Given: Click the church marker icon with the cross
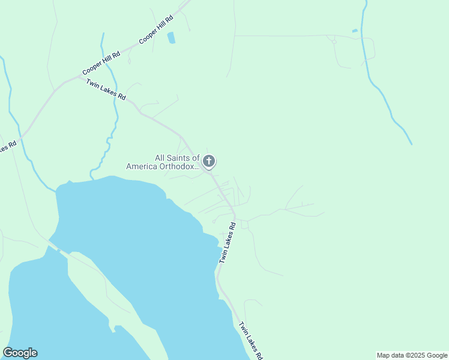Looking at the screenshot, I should [209, 161].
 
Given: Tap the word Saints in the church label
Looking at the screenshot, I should [179, 158].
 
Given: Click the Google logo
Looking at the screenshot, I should [20, 353].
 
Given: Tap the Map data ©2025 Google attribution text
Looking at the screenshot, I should [412, 355].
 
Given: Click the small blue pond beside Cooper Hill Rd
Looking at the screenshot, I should [171, 37].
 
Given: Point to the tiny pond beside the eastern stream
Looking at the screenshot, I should [355, 31].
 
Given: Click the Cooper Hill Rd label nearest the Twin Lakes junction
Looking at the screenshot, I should [101, 62].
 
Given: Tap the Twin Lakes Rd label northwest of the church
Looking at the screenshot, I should [106, 89].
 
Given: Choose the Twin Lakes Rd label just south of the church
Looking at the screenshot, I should [226, 242].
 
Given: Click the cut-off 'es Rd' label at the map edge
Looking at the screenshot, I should [7, 146].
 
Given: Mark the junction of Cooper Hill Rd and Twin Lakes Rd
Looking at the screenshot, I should [79, 77].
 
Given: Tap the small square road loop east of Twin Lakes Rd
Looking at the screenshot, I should [244, 224].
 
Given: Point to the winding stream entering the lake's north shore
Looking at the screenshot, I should [110, 142].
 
